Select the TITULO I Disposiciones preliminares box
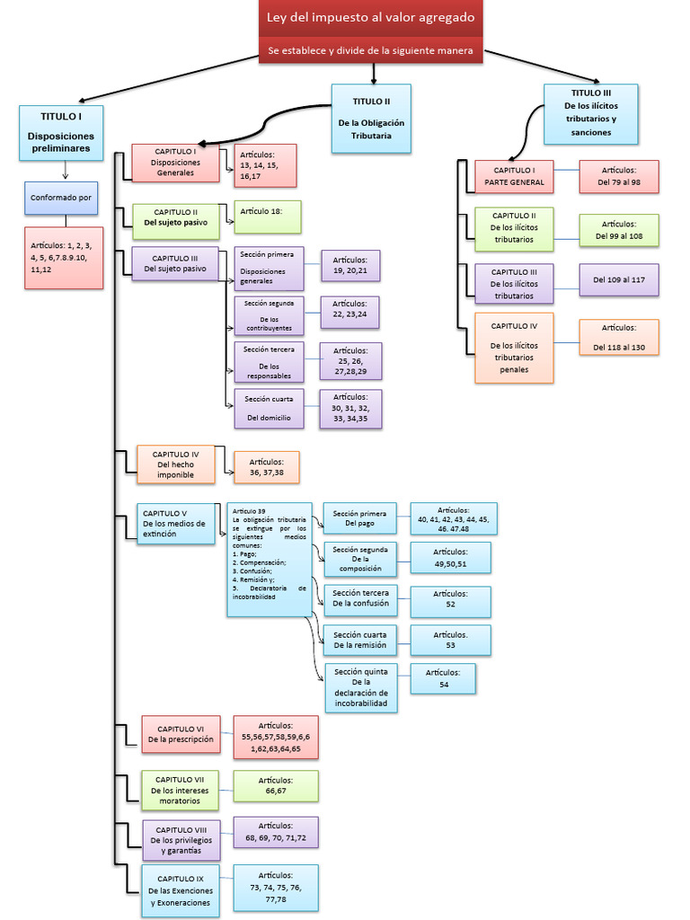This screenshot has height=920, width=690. tap(61, 132)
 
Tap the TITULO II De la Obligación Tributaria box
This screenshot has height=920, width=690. tap(371, 118)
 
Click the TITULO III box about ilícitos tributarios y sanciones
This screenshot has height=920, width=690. tap(590, 113)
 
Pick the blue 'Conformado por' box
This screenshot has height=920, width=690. tap(61, 198)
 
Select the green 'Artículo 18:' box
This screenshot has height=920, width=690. tap(267, 217)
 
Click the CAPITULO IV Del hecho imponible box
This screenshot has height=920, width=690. tap(175, 464)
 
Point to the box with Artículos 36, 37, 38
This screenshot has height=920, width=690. tap(266, 466)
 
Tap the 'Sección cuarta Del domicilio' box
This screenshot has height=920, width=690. tap(269, 408)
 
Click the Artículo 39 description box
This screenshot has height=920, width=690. tap(269, 559)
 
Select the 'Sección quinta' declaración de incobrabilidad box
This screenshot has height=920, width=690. tap(361, 688)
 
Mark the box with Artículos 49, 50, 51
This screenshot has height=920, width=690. tap(450, 557)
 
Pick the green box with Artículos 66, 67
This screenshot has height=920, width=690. tap(275, 785)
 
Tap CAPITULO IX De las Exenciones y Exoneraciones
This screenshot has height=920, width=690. tap(180, 889)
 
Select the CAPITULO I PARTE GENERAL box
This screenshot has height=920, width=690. tap(514, 176)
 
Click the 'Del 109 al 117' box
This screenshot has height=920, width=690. tap(618, 279)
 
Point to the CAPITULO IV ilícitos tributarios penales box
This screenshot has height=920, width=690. tap(514, 348)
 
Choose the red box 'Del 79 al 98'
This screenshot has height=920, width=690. tap(618, 176)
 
